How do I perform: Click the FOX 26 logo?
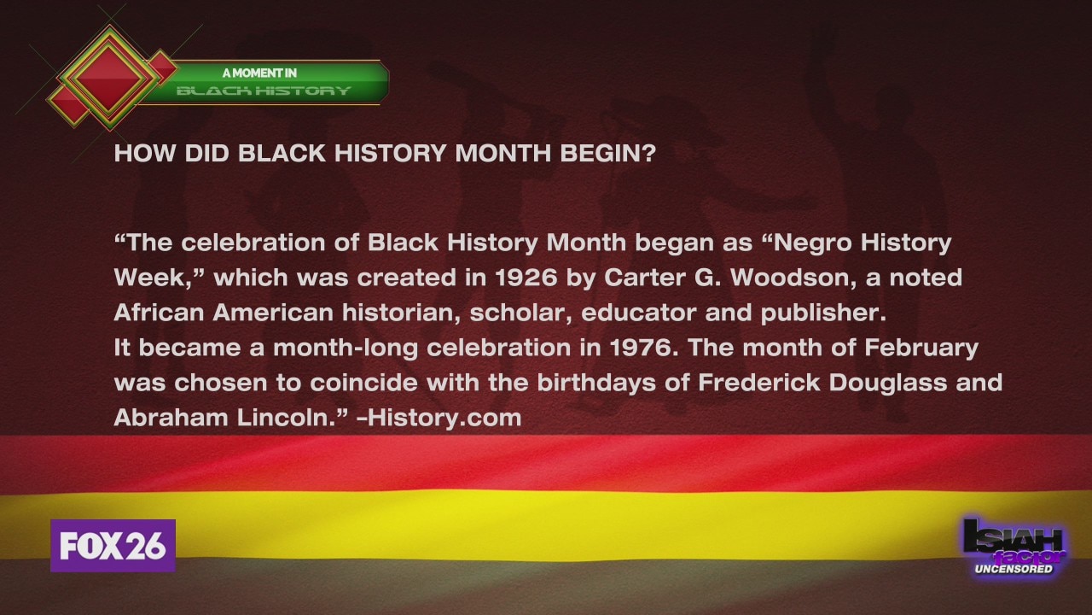click(x=113, y=546)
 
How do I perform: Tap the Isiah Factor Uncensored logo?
click(x=1014, y=547)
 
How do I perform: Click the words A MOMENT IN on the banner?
click(x=259, y=73)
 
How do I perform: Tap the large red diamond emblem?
click(x=109, y=79)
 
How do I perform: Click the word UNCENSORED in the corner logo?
click(x=1014, y=569)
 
